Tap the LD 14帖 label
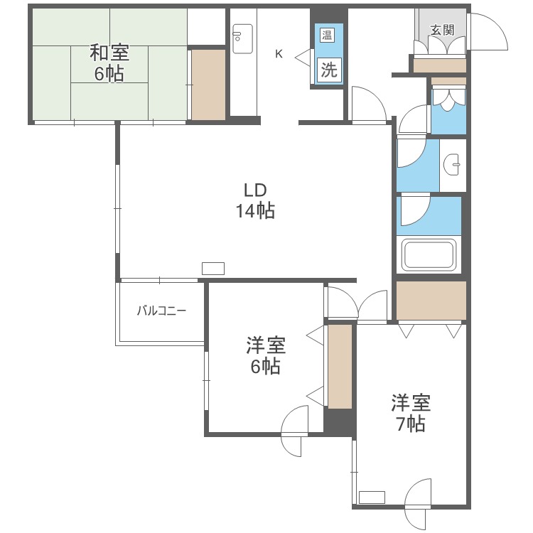[x=255, y=200]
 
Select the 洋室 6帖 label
[x=266, y=356]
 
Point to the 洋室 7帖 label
[x=411, y=414]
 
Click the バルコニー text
[x=161, y=311]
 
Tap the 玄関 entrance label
[x=441, y=30]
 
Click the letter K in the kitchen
[x=279, y=53]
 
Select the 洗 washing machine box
[x=328, y=70]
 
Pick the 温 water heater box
[x=328, y=36]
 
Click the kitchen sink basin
[x=242, y=37]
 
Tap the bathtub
[x=429, y=254]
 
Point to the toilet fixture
[x=448, y=101]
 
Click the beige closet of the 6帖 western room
[x=340, y=366]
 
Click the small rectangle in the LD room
[x=213, y=269]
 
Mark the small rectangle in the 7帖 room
[x=372, y=497]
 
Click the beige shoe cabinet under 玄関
[x=439, y=65]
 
